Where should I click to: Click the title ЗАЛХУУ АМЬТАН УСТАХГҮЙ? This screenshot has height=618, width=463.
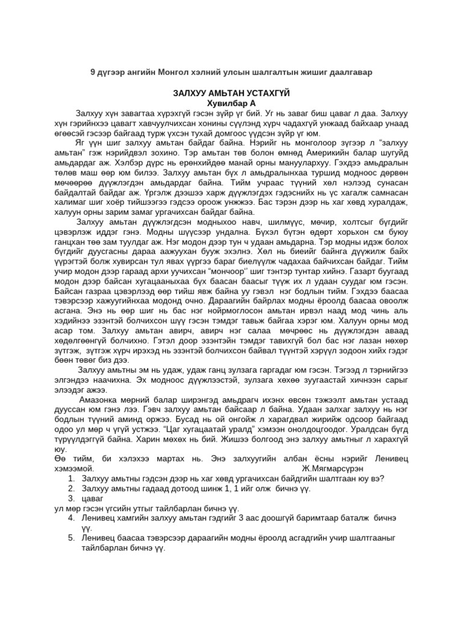pos(231,94)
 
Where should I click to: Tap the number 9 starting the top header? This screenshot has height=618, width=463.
pos(93,72)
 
